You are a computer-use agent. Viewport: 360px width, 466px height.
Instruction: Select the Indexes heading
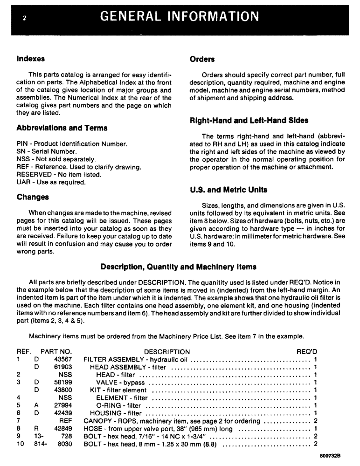[30, 59]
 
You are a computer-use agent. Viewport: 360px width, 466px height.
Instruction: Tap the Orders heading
[202, 59]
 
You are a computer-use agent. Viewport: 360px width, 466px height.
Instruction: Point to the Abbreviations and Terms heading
[62, 128]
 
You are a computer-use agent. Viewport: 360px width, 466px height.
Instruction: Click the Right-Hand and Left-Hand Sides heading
[249, 120]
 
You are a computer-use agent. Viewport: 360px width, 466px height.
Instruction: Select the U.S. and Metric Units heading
[228, 190]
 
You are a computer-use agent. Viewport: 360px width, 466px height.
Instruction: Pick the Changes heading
[32, 197]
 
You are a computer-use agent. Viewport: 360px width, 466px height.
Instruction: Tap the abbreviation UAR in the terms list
[23, 182]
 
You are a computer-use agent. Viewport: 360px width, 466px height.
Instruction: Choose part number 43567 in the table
[62, 359]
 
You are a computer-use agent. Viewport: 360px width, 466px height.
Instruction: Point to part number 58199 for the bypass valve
[62, 382]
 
